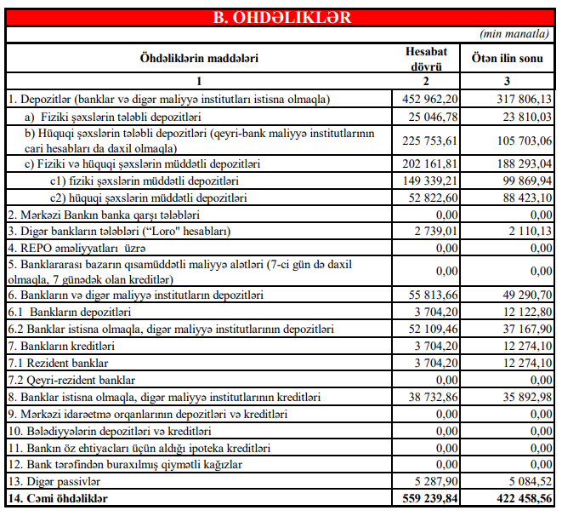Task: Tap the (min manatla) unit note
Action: coord(514,34)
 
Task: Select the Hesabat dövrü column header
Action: coord(425,58)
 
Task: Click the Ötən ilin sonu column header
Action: coord(508,58)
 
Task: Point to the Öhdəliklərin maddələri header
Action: coord(198,58)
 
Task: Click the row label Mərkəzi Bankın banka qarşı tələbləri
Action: coord(103,215)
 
